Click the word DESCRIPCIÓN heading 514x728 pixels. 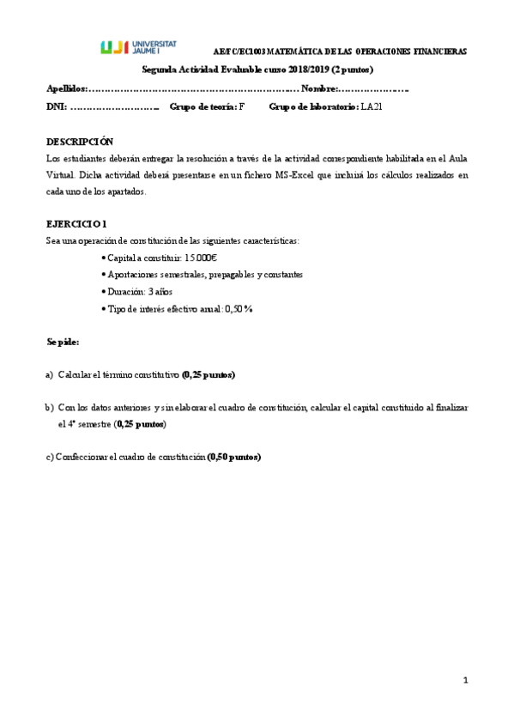coord(79,141)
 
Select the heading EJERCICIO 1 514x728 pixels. coord(76,223)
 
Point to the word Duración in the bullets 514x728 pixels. coord(128,292)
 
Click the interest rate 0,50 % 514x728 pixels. coord(239,309)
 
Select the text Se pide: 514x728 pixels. coord(63,342)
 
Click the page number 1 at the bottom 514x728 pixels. coord(465,681)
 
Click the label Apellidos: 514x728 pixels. coord(67,88)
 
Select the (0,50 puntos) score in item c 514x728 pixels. coord(234,457)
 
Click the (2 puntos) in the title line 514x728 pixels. coord(352,70)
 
